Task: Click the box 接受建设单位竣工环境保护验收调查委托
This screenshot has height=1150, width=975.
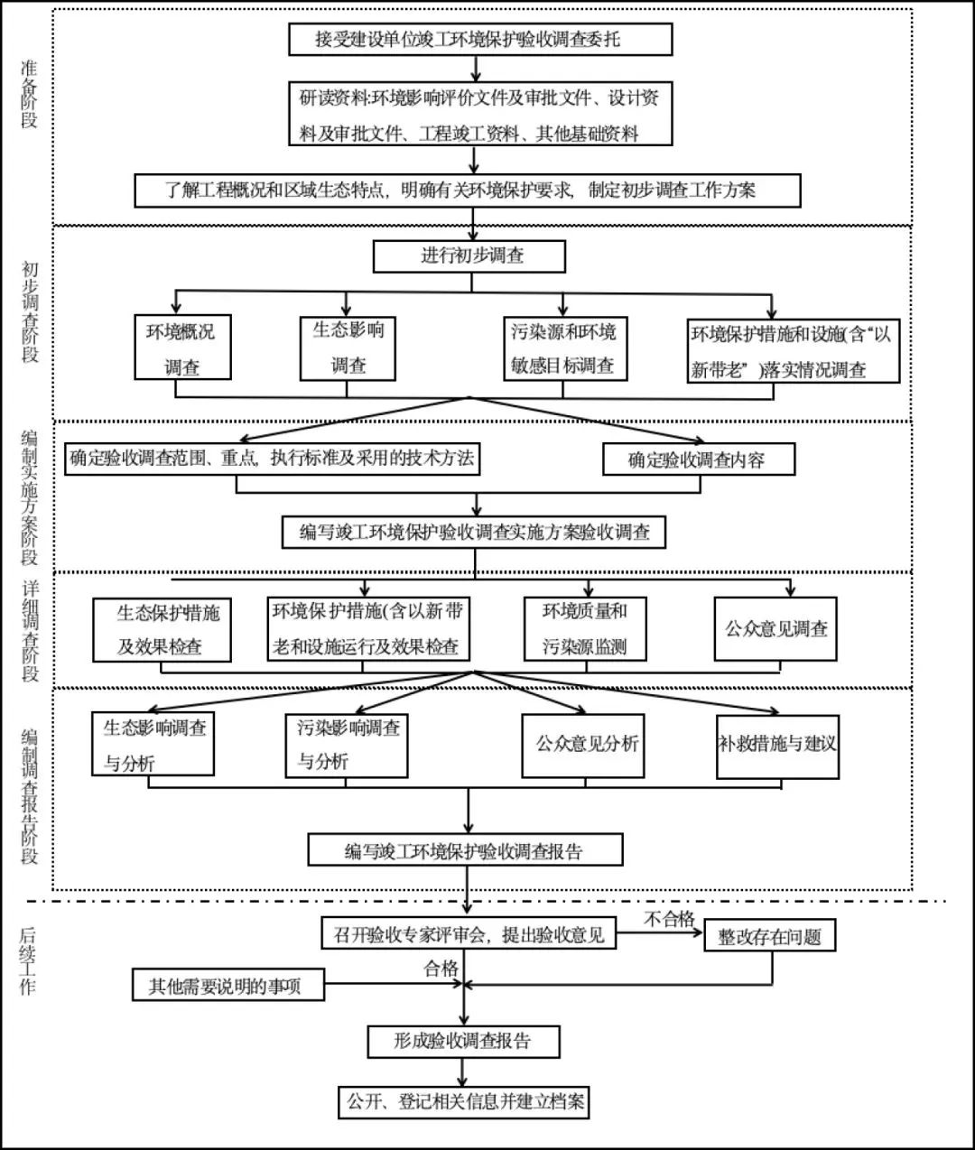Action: (480, 40)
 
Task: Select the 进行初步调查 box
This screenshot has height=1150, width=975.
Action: (469, 255)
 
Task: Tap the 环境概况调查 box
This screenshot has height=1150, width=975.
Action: (181, 348)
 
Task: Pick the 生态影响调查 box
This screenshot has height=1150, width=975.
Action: (348, 347)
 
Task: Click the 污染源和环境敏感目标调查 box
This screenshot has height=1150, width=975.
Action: (562, 348)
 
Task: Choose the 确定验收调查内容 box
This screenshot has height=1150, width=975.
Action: (698, 459)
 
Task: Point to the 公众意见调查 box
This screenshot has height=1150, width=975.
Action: (775, 628)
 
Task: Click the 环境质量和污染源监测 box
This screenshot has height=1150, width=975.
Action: (585, 628)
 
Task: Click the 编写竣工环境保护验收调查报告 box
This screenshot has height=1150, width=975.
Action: (465, 850)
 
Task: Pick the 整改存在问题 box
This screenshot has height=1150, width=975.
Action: (769, 936)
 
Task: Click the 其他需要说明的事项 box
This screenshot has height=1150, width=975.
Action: (228, 986)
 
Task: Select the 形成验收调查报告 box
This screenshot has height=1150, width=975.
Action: (463, 1041)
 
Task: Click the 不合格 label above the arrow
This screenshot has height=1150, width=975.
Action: (668, 919)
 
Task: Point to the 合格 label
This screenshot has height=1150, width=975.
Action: (441, 969)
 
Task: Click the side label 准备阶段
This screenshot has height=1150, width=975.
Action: (30, 95)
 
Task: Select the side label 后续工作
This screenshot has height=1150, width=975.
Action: (28, 961)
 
